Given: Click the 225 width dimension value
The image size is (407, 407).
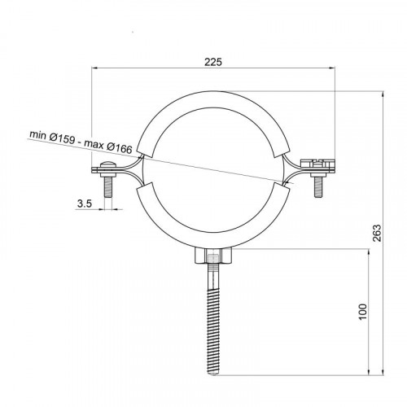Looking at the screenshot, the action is tap(213, 62).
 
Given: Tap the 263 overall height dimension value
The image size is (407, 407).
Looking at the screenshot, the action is tap(377, 233).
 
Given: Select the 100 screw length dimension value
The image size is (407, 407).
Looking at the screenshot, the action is tap(363, 312).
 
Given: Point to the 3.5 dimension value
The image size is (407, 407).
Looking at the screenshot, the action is tap(85, 203).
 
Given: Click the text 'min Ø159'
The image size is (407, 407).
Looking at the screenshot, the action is tap(52, 137).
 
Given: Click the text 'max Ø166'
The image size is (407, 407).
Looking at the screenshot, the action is tap(108, 147).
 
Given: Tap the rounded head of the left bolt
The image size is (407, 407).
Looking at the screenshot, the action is tap(108, 164).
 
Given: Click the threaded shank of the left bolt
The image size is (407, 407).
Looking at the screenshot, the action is tap(108, 186).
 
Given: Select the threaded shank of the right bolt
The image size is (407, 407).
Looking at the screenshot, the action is tap(318, 187).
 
